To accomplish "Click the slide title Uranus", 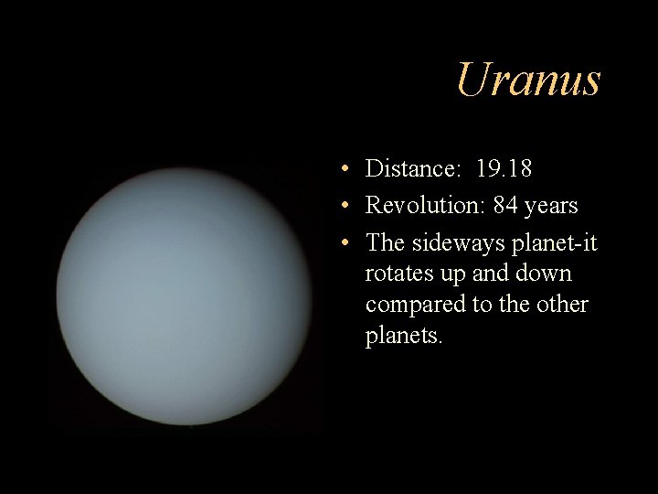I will (x=528, y=80).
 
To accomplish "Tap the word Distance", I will (x=411, y=169).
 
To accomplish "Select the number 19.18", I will (x=504, y=169).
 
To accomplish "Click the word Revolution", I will (x=425, y=206).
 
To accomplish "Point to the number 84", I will (x=504, y=206).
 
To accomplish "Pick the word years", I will (x=551, y=207).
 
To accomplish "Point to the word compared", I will (x=415, y=305).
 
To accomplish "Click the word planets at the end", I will (x=404, y=336).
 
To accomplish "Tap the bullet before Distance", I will (x=339, y=169).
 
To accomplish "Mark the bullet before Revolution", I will (x=339, y=206).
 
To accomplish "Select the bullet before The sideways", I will (x=339, y=242).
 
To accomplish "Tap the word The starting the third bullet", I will (x=386, y=242).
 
